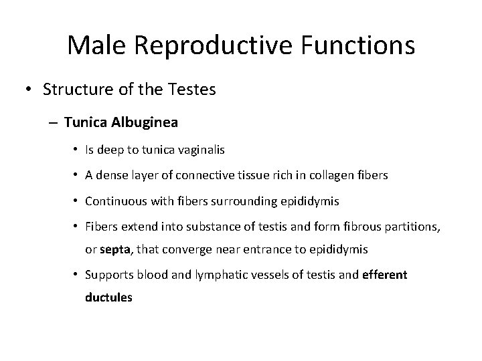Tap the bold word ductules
click(x=108, y=297)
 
